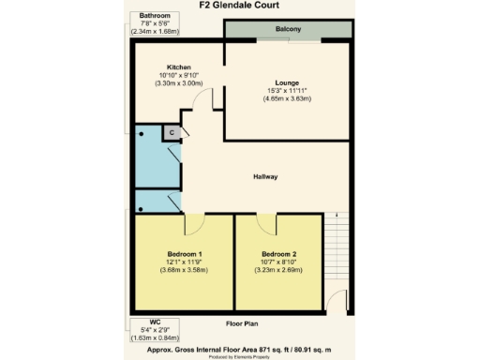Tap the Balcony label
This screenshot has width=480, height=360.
point(289,31)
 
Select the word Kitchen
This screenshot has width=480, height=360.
point(179,67)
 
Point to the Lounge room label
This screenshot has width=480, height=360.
point(287,82)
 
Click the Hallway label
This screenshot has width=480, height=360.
point(265,176)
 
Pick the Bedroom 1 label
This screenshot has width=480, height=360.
point(184,254)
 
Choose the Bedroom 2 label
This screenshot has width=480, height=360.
point(279,254)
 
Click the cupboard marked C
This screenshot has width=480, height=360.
point(172,134)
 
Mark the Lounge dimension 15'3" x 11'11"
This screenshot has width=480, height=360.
point(287,91)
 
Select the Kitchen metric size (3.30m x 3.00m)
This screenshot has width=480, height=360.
point(179,84)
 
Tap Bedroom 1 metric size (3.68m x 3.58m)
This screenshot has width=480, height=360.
point(184,270)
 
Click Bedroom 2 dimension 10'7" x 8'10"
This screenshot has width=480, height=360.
point(279,262)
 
